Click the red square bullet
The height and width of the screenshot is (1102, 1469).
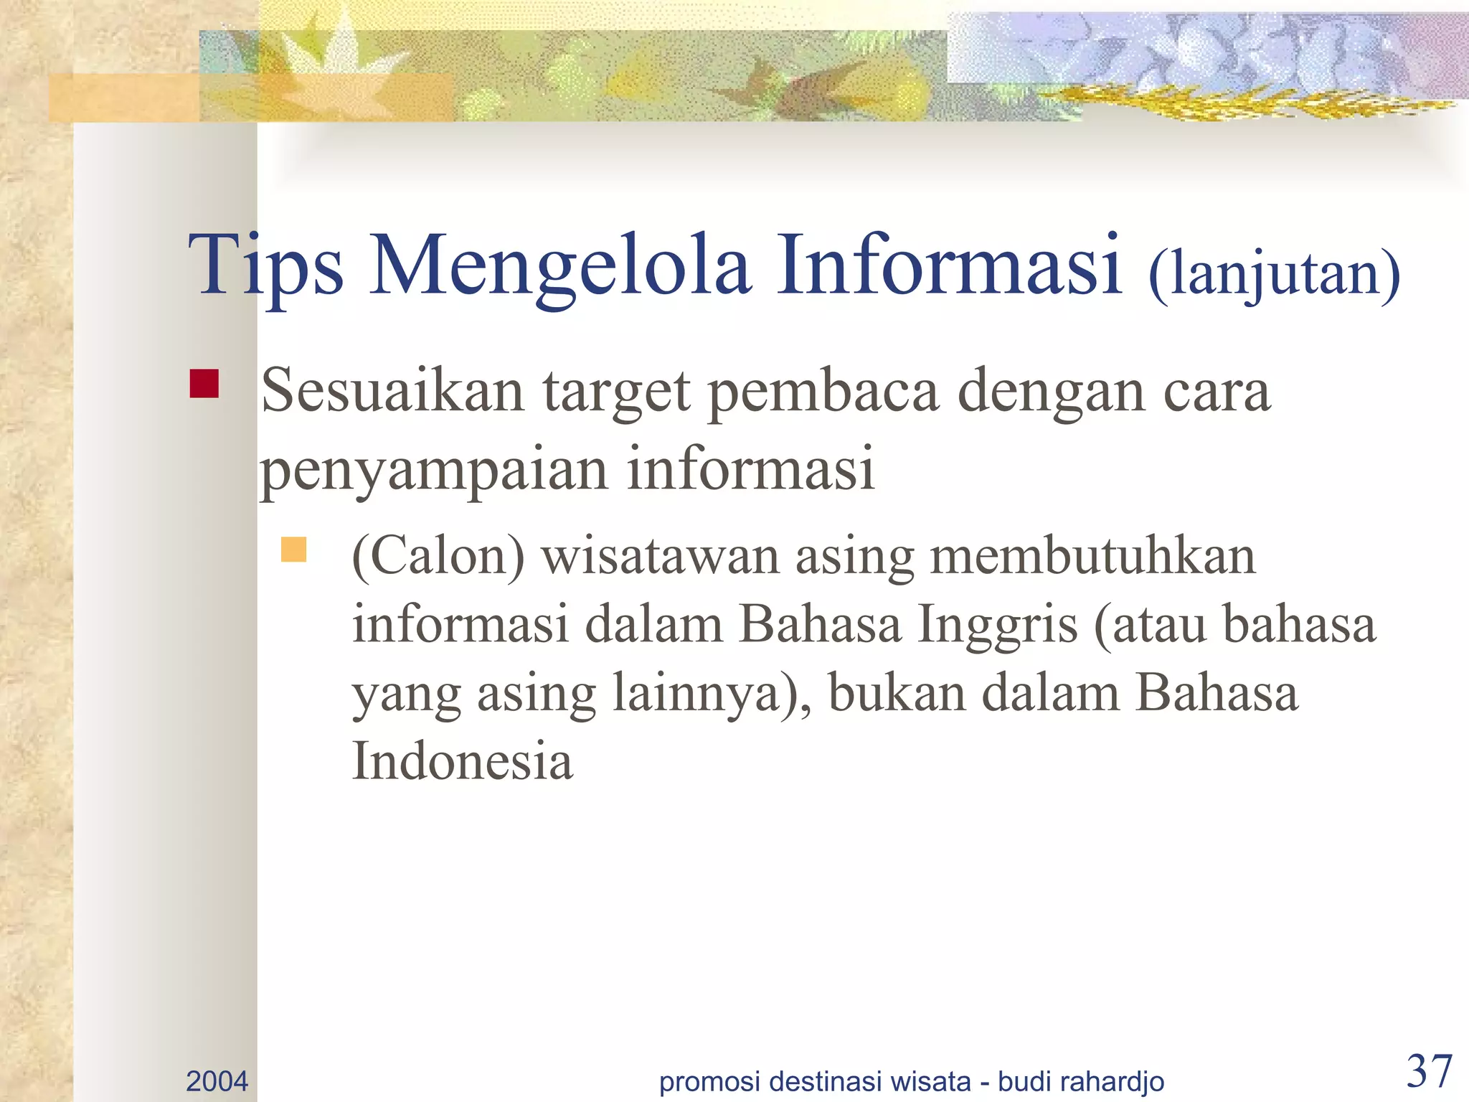tap(204, 383)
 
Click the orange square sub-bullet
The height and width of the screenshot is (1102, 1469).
tap(293, 550)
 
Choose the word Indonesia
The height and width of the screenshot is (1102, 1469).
tap(463, 760)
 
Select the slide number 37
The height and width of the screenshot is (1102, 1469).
tap(1430, 1071)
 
